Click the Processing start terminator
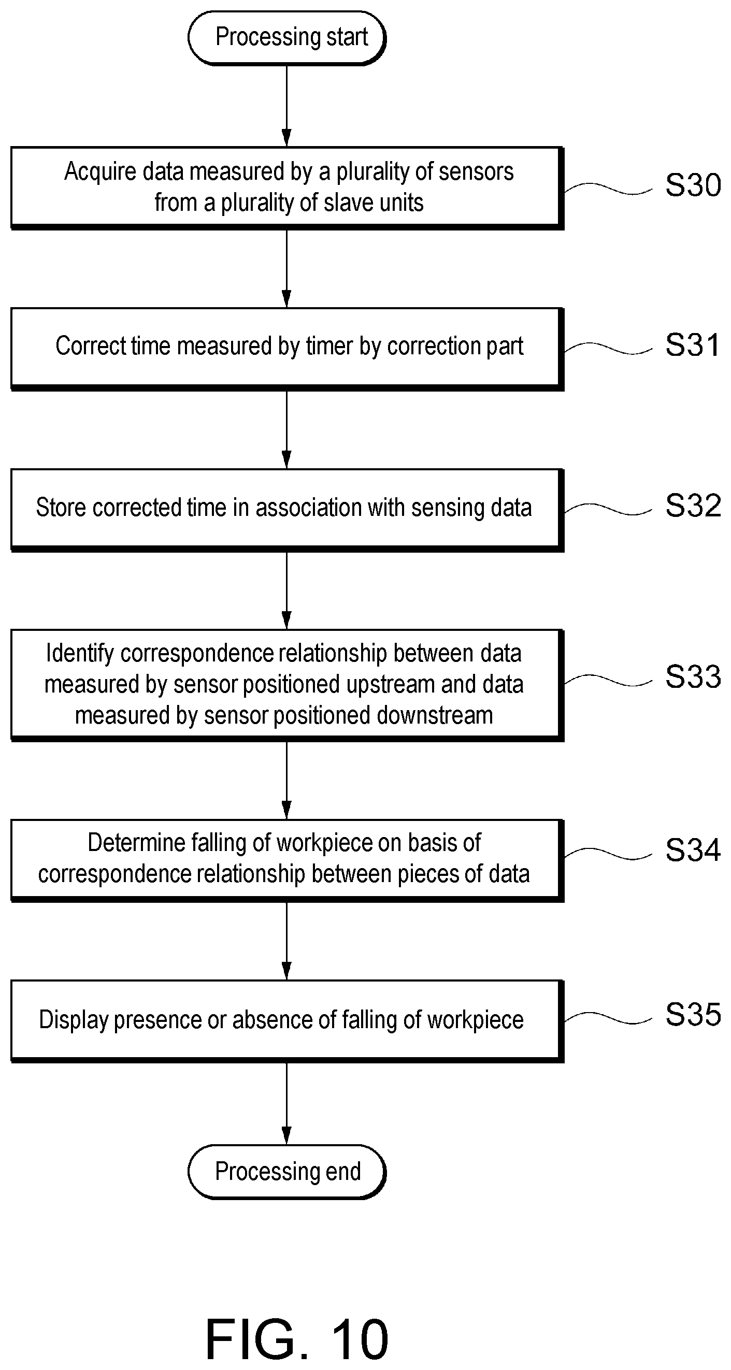[x=287, y=38]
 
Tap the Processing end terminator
[x=287, y=1172]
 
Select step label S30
[x=693, y=185]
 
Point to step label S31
[x=693, y=344]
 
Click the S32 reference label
[x=693, y=505]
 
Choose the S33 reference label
[x=693, y=676]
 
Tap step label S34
[x=693, y=849]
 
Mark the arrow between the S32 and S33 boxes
[x=287, y=590]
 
